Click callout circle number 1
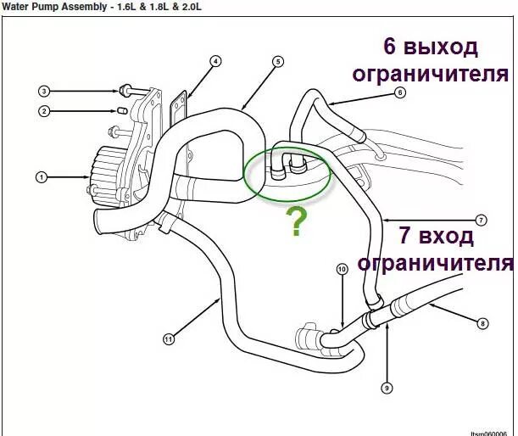coord(40,177)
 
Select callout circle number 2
coord(42,110)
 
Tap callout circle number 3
coord(42,90)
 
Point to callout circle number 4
coord(215,61)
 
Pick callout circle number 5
coord(277,61)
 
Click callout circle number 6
coord(400,93)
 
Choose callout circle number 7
coord(481,221)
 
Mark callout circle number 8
coord(482,323)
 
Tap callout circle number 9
coord(387,388)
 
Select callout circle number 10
coord(342,270)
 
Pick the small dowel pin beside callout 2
coord(121,110)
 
